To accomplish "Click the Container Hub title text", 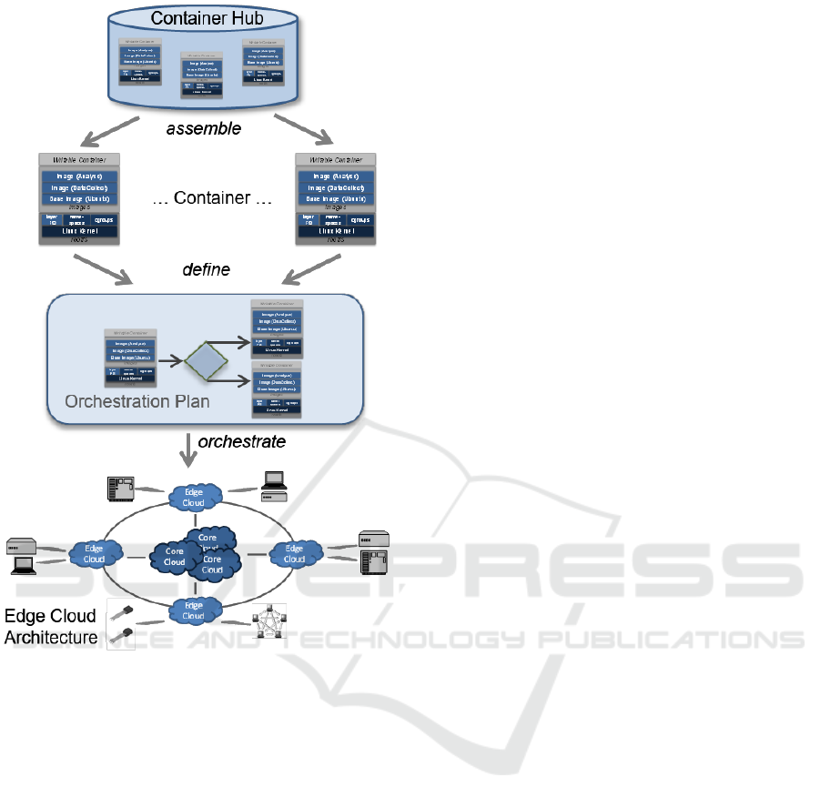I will tap(203, 18).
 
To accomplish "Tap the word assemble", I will tap(204, 128).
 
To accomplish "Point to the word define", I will tap(207, 269).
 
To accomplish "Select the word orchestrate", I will tap(242, 441).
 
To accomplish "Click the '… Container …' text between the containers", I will tap(213, 198).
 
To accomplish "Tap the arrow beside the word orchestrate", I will tap(187, 446).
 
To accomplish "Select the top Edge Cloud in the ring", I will tap(195, 497).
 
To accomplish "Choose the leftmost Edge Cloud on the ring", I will tap(95, 553).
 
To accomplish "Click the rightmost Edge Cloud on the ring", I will tap(294, 553).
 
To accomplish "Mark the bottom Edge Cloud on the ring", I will tap(194, 610).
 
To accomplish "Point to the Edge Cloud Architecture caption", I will tap(51, 627).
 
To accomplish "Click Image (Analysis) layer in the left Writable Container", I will tap(81, 177).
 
